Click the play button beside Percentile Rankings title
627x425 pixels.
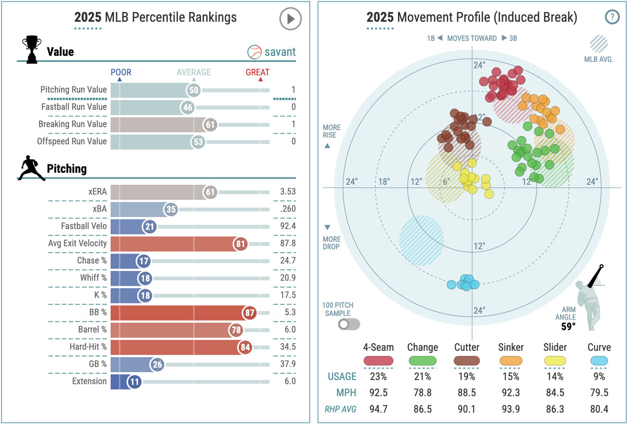pyautogui.click(x=291, y=19)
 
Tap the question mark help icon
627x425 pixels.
pyautogui.click(x=612, y=17)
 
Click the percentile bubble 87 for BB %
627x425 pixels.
pyautogui.click(x=249, y=312)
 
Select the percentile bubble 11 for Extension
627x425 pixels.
pyautogui.click(x=135, y=381)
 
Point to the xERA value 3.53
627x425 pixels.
pyautogui.click(x=287, y=192)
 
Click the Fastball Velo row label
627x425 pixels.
pyautogui.click(x=84, y=226)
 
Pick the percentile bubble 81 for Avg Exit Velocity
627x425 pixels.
pyautogui.click(x=240, y=243)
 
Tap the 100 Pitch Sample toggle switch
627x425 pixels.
pyautogui.click(x=349, y=324)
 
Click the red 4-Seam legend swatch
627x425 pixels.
pyautogui.click(x=378, y=361)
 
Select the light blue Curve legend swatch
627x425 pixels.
pyautogui.click(x=595, y=361)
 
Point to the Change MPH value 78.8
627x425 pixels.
pyautogui.click(x=422, y=393)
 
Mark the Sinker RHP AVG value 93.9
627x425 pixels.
pyautogui.click(x=511, y=409)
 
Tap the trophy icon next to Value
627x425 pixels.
pyautogui.click(x=31, y=50)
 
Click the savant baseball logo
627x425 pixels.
pyautogui.click(x=254, y=52)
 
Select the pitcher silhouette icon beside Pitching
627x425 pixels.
pyautogui.click(x=32, y=168)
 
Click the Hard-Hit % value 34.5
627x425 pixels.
pyautogui.click(x=287, y=347)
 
